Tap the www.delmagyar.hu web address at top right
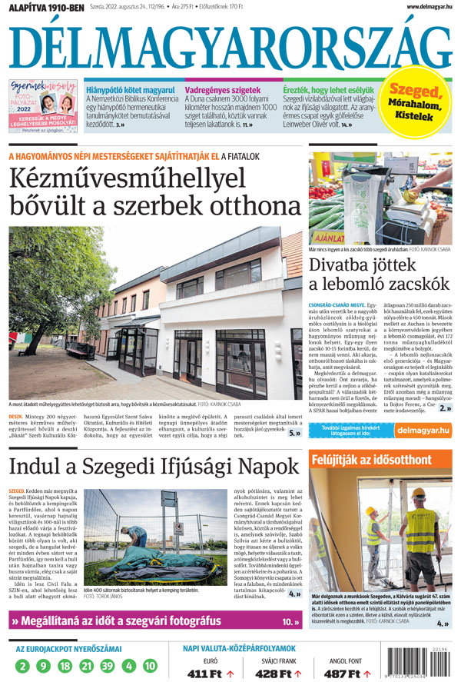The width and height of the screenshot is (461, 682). (x=424, y=7)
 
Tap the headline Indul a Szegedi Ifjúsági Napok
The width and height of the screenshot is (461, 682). (x=154, y=466)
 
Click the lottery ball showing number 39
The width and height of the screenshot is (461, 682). (x=107, y=666)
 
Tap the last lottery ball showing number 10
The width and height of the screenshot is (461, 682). (x=150, y=666)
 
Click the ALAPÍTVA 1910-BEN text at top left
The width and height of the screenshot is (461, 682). (x=43, y=8)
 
